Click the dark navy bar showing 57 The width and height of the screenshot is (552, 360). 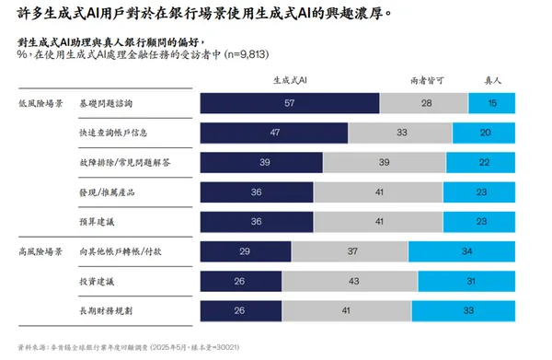[x=289, y=103]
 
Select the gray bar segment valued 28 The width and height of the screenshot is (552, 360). [x=424, y=103]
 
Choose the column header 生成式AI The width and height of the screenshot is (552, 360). [x=290, y=80]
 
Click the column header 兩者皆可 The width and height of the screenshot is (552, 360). [x=424, y=80]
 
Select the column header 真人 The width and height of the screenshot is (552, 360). [x=493, y=80]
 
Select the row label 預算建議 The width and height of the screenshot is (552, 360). [x=97, y=222]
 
